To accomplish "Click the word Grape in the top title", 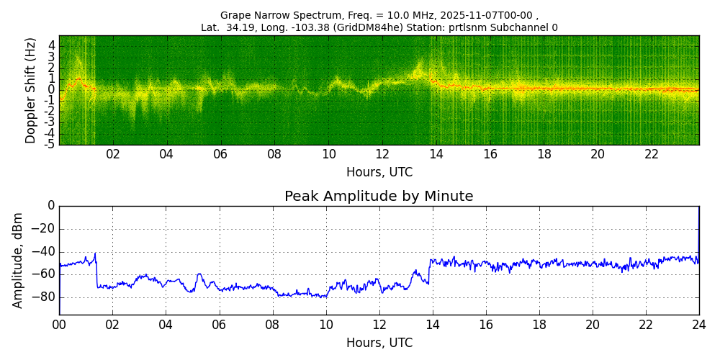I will click(234, 15).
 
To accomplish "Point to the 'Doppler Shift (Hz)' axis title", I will click(30, 90).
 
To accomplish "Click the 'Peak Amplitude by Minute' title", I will click(379, 197).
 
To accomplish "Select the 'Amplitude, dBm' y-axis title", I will click(18, 260).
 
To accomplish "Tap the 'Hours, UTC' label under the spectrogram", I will click(379, 173).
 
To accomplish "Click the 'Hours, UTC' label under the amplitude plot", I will click(379, 343).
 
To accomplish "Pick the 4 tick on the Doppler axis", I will click(51, 45).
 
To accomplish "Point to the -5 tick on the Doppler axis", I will click(49, 144).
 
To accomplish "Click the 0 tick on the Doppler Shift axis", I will click(51, 90).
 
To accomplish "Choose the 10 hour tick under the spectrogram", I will click(328, 155).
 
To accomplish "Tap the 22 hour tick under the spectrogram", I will click(652, 155).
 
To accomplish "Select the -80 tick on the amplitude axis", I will click(44, 297).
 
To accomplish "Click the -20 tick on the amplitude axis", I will click(44, 229).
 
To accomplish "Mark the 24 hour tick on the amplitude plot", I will click(698, 325).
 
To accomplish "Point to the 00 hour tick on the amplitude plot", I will click(59, 325).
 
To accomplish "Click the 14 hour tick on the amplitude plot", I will click(432, 325).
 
